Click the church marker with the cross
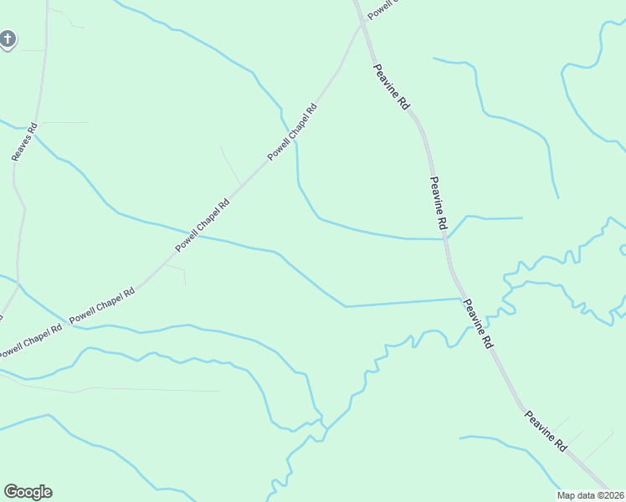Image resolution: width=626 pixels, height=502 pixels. (x=8, y=38)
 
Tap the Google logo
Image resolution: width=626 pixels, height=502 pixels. (x=28, y=492)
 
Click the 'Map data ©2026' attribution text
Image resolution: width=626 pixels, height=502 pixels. (x=592, y=495)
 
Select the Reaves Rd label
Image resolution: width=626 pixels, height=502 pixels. (x=24, y=141)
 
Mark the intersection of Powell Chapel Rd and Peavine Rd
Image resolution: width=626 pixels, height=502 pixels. (x=362, y=23)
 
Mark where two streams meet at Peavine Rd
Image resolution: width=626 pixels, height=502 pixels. (x=447, y=238)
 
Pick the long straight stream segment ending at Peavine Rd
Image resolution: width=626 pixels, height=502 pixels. (x=402, y=302)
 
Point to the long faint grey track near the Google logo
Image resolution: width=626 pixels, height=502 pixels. (x=151, y=390)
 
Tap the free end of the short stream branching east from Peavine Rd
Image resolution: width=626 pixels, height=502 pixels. (x=522, y=218)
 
